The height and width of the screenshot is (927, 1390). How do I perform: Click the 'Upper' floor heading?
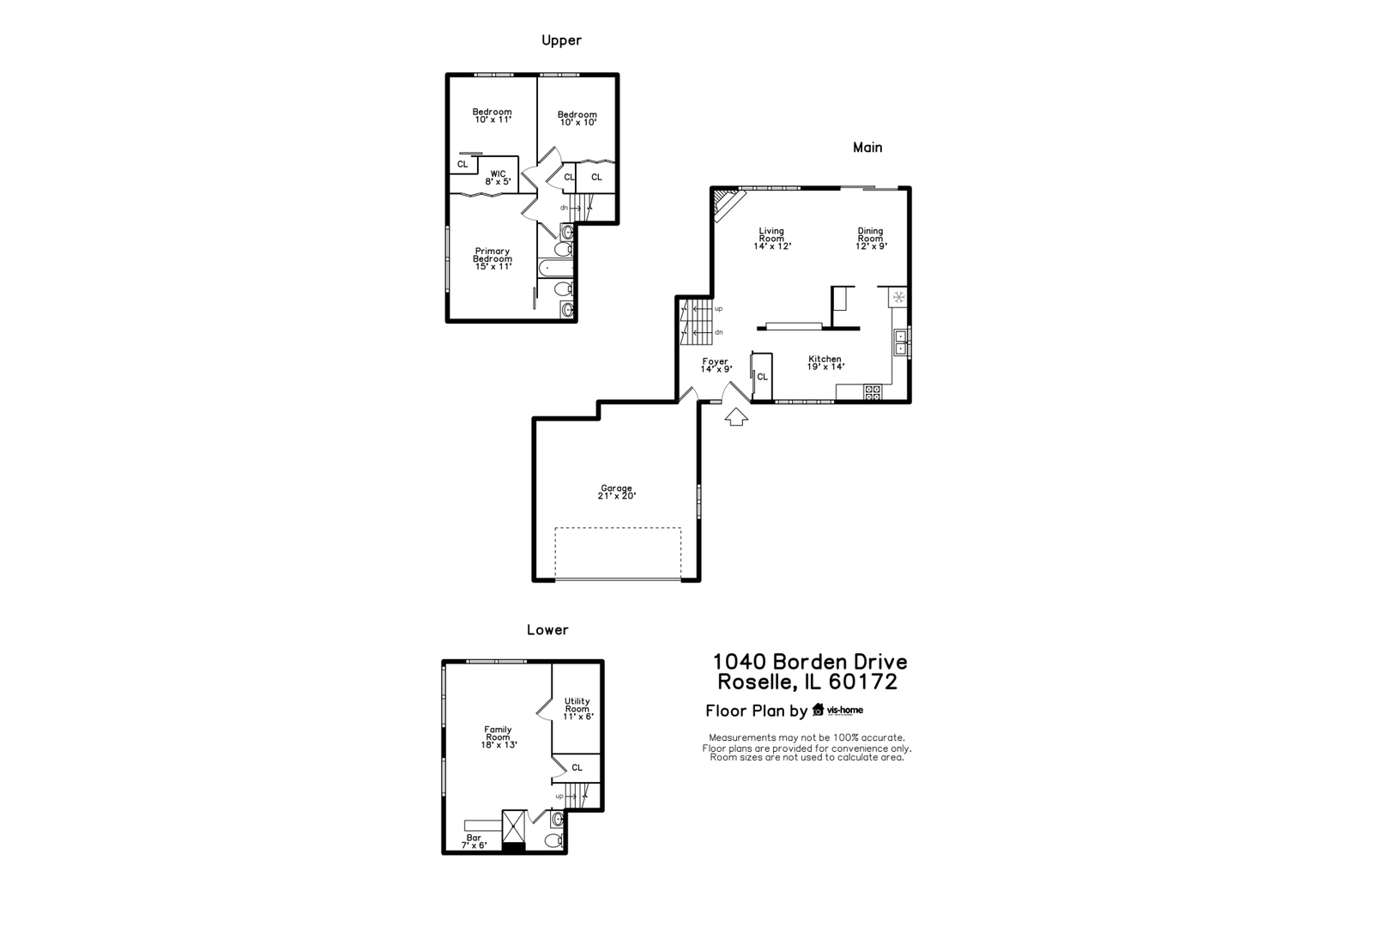pos(561,40)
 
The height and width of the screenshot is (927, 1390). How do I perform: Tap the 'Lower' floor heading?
pos(547,630)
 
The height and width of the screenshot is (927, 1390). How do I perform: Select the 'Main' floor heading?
pos(867,148)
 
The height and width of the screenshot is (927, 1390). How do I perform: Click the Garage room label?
pos(617,492)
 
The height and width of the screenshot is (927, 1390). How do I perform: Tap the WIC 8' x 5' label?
pos(498,178)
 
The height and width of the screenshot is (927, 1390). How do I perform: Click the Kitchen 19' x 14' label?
pos(825,363)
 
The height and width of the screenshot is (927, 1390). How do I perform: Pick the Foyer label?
pos(716,366)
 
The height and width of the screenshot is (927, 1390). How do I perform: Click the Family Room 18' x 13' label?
pos(498,737)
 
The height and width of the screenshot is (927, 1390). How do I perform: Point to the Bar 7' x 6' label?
pos(474,841)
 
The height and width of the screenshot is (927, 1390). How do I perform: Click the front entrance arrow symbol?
pos(736,417)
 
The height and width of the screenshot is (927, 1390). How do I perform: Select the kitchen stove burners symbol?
pos(873,392)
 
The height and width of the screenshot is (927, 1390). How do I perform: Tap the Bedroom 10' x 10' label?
pos(577,118)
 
